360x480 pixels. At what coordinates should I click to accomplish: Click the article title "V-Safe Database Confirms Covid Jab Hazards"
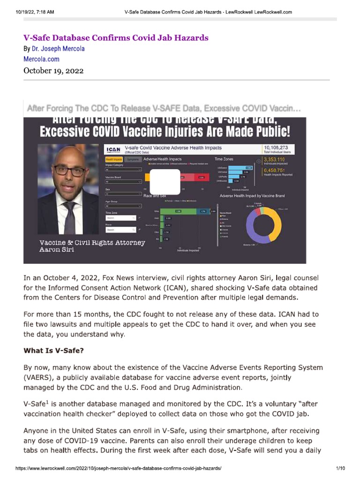click(x=116, y=38)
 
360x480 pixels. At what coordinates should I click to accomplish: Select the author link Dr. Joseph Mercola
click(x=58, y=49)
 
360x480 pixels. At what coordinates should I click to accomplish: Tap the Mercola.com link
click(x=41, y=60)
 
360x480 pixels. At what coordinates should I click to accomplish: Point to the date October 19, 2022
click(x=53, y=71)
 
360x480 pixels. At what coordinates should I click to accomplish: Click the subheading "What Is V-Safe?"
click(x=54, y=350)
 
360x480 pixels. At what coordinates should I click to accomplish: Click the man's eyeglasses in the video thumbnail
click(x=69, y=170)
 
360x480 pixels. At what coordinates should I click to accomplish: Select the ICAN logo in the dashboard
click(x=113, y=150)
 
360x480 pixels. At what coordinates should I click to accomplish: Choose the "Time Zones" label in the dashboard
click(x=231, y=159)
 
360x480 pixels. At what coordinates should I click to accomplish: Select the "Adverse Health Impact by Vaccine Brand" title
click(x=252, y=195)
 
